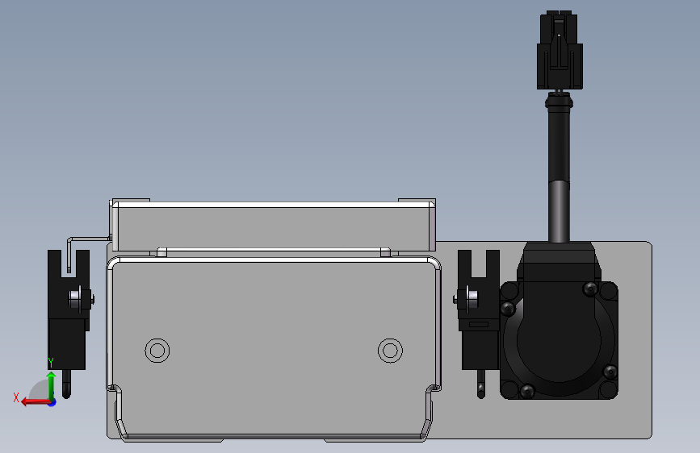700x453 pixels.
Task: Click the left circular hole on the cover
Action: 157,350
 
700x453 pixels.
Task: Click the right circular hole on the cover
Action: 391,350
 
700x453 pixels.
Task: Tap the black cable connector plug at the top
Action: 560,51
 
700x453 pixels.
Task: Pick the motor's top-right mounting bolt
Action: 589,287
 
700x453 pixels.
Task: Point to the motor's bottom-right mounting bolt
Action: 610,372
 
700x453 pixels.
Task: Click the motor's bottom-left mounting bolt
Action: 527,391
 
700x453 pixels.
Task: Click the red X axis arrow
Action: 32,401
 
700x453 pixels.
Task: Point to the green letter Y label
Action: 50,363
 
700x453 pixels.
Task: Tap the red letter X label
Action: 16,397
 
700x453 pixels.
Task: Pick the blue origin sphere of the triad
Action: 51,401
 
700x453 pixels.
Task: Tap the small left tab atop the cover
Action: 161,252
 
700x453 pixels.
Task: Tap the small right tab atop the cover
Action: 385,252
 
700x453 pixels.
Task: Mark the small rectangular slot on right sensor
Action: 479,324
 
